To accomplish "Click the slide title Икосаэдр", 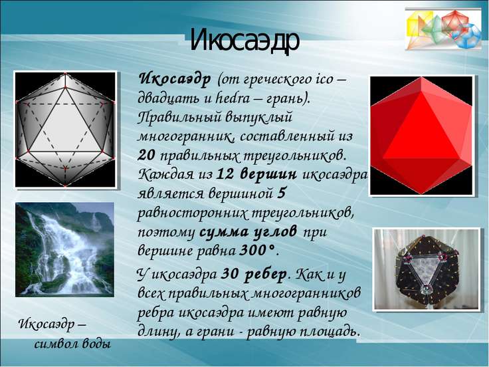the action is [244, 41].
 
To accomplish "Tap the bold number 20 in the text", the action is [146, 156].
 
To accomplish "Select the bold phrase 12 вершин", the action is [256, 174].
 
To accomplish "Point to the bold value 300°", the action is [258, 250].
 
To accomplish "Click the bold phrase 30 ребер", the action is [254, 275].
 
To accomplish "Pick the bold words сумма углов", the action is [248, 233].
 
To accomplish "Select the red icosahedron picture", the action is [422, 136].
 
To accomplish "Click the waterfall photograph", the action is [65, 250].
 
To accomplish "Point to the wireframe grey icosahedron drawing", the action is [65, 130].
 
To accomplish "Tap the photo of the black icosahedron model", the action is [427, 269].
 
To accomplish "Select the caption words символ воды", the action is [72, 344].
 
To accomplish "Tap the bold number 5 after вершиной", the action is [281, 193].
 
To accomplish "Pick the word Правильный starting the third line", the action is [178, 118].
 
